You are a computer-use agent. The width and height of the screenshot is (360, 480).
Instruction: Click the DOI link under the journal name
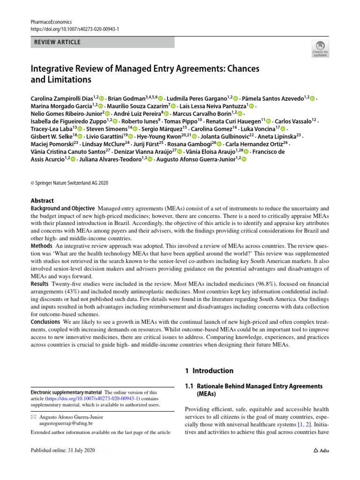click(75, 29)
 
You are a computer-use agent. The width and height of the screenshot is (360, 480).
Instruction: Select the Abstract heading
click(42, 201)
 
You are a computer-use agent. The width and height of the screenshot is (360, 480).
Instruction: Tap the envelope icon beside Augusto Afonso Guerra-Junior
click(33, 417)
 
